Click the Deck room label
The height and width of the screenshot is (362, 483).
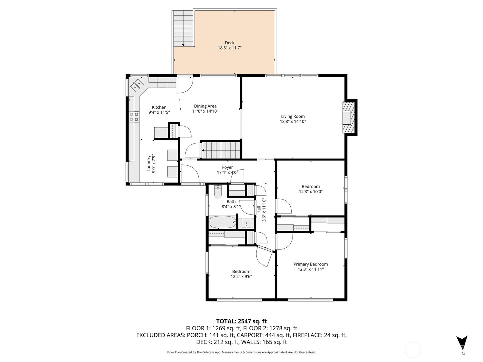[x=229, y=43]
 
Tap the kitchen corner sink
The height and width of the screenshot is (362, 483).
[x=137, y=85]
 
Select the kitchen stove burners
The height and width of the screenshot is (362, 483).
[x=134, y=117]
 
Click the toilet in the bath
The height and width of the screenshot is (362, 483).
[x=218, y=192]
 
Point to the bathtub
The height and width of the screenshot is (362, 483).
[x=223, y=222]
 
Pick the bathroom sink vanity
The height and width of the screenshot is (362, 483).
[x=246, y=223]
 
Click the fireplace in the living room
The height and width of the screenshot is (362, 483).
[x=349, y=117]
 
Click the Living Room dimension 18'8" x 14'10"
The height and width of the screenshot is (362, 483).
[x=293, y=121]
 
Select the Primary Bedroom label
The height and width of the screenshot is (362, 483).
[x=311, y=264]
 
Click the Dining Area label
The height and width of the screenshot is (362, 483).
[x=205, y=106]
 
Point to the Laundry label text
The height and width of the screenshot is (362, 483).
[x=149, y=163]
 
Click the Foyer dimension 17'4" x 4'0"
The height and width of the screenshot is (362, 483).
[x=228, y=173]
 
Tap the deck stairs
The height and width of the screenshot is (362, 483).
[x=183, y=28]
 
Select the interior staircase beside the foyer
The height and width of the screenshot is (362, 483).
[x=221, y=150]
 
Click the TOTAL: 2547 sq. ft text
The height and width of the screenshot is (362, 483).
[x=241, y=321]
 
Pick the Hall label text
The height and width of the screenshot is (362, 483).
[x=259, y=209]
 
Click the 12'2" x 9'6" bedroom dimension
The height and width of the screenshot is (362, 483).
[x=241, y=277]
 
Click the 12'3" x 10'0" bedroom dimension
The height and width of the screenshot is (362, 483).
[x=311, y=192]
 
